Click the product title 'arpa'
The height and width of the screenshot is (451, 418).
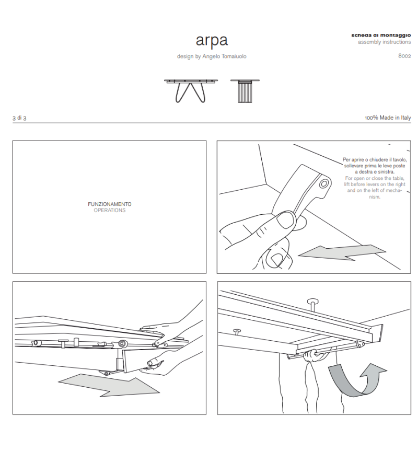click(x=212, y=40)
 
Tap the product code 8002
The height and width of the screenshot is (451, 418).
click(x=404, y=55)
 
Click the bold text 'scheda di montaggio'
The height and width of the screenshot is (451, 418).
click(x=381, y=35)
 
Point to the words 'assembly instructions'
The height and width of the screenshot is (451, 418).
click(x=384, y=42)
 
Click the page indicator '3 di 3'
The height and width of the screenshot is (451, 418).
click(x=19, y=118)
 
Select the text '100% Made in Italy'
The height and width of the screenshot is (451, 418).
click(x=388, y=118)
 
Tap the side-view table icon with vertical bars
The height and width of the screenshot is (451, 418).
click(x=245, y=90)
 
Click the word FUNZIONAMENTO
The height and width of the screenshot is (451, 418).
click(x=109, y=204)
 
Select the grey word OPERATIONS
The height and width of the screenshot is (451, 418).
click(x=109, y=210)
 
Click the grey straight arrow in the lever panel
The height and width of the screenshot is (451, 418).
click(x=342, y=252)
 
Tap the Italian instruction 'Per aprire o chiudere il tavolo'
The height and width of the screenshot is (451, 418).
click(x=374, y=159)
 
